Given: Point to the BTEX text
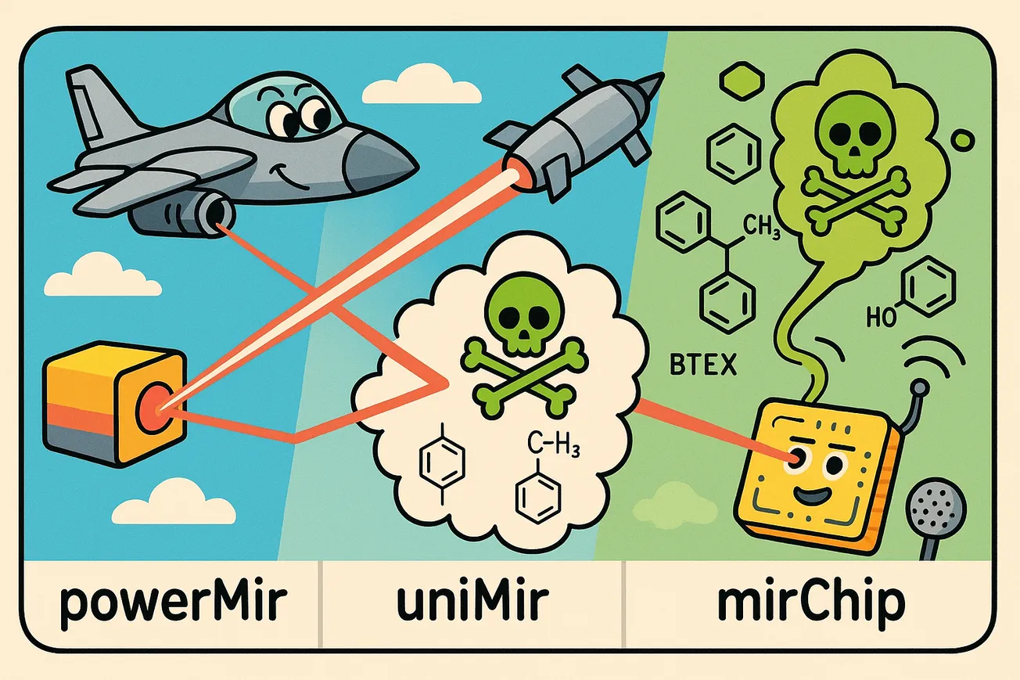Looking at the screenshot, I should tap(704, 365).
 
